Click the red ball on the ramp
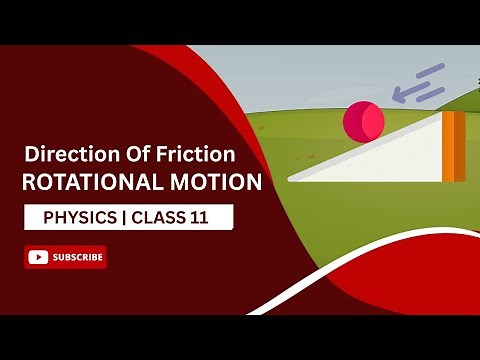(362, 121)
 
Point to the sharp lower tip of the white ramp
(291, 179)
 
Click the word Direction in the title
(66, 155)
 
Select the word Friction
(202, 155)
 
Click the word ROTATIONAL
(90, 183)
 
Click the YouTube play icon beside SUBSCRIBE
(39, 257)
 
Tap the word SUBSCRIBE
(77, 257)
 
